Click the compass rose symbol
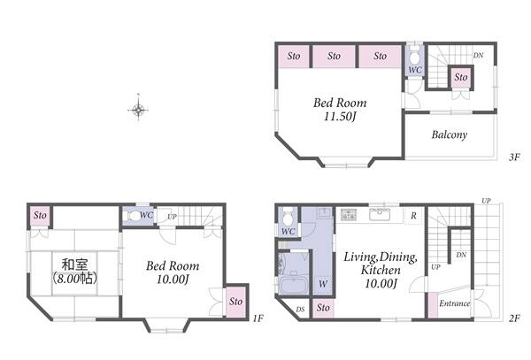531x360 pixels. [138, 109]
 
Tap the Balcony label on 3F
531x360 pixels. [449, 134]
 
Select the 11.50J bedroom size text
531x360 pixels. [340, 117]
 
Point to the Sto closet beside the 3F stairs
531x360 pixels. [460, 78]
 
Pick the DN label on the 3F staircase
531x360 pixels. [478, 55]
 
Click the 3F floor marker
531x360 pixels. [513, 157]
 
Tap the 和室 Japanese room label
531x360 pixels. [74, 264]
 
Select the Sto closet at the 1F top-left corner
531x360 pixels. [40, 215]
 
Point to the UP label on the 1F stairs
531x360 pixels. [172, 217]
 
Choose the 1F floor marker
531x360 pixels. [258, 318]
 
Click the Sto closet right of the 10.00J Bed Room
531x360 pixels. [235, 302]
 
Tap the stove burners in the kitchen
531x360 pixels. [349, 215]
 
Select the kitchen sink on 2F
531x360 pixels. [380, 215]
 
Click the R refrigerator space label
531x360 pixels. [413, 216]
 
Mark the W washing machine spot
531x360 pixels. [323, 284]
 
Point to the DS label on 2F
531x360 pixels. [300, 310]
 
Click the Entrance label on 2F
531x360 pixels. [455, 303]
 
